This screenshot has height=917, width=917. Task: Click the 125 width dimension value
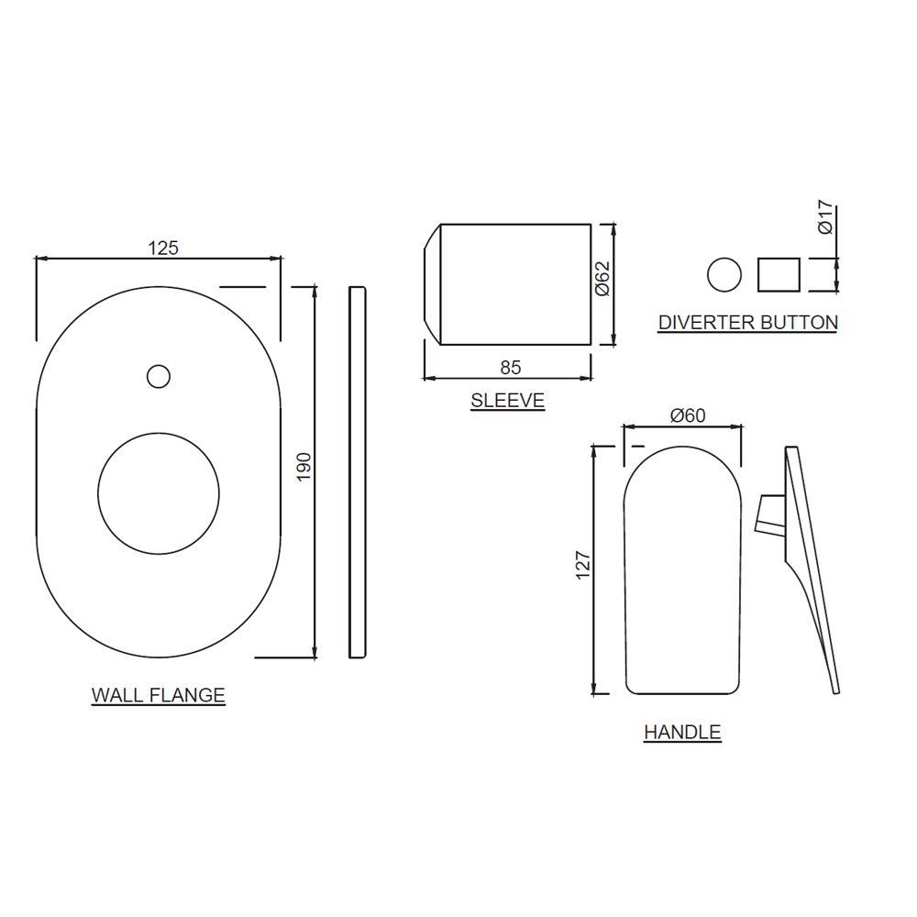tap(161, 247)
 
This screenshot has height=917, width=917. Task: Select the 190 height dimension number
tap(304, 466)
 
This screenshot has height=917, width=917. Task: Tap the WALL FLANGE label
tap(158, 695)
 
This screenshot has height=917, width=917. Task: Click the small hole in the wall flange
tap(159, 376)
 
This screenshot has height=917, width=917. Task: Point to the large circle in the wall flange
tap(158, 492)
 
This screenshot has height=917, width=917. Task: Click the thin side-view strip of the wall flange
tap(358, 472)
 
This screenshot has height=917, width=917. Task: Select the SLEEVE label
tap(507, 400)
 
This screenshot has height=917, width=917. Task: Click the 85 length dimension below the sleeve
tap(511, 367)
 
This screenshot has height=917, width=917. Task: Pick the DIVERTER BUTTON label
tap(747, 322)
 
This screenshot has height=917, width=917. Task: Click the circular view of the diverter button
tap(724, 274)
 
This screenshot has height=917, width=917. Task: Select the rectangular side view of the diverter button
tap(779, 274)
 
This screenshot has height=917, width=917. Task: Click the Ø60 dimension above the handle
tap(688, 415)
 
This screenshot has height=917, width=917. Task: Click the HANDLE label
tap(682, 732)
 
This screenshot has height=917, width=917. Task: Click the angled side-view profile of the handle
tap(812, 569)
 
